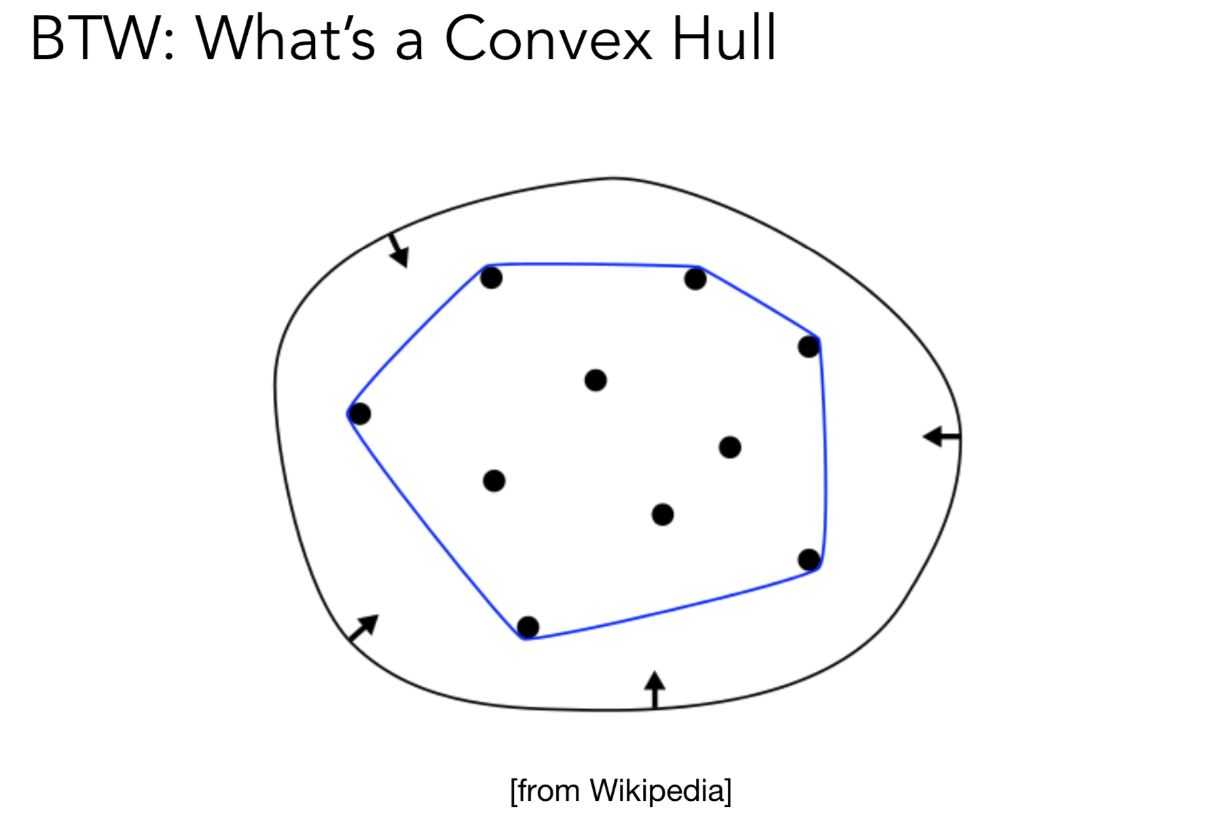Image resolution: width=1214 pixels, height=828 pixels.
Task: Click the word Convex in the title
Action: pos(549,39)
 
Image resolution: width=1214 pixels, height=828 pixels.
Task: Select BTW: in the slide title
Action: pos(103,39)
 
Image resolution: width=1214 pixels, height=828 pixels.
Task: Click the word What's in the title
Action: pos(285,39)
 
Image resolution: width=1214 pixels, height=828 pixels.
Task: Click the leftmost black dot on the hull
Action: pos(359,413)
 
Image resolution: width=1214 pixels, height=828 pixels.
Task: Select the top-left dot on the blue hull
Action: pos(491,278)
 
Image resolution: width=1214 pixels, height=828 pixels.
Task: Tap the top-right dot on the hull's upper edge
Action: pos(695,278)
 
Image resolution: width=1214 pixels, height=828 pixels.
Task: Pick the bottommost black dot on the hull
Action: pos(528,627)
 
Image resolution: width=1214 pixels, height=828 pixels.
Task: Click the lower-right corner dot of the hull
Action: pos(809,560)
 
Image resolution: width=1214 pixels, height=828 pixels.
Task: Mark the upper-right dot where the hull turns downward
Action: pos(809,347)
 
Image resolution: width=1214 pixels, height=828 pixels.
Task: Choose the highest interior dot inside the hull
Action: pos(595,380)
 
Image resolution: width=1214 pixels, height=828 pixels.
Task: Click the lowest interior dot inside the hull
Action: pos(663,514)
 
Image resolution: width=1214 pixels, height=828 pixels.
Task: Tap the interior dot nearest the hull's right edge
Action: pos(730,447)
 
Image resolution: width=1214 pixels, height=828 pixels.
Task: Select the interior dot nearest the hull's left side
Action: pos(494,481)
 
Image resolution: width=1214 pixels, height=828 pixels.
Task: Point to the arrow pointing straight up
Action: pos(655,689)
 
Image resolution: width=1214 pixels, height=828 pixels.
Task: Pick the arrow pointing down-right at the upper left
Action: pos(399,250)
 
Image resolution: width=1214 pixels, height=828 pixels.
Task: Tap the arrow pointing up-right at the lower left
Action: pos(363,628)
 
